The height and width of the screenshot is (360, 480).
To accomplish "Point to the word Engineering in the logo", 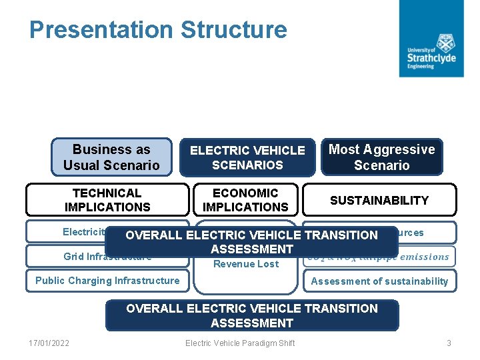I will pos(421,67).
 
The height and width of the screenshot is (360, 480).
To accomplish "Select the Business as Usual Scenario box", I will pos(111,157).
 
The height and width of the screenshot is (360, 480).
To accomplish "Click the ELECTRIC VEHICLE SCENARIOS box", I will pos(247,157).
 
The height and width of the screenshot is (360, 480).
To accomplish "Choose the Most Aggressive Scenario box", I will pos(381,157).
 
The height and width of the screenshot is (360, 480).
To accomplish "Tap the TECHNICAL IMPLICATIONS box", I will pos(107,200).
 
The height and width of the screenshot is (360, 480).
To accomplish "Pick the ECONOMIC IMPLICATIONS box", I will pos(245,200).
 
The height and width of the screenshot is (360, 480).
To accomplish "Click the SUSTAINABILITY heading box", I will pos(379,200).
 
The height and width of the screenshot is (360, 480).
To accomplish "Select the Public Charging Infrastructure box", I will pos(107,281).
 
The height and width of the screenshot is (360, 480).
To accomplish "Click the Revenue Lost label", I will pos(246,264).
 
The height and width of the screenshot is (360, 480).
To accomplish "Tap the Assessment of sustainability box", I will pos(379,281).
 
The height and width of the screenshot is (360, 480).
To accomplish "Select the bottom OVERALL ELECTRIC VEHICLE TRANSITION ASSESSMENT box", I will pos(252,315).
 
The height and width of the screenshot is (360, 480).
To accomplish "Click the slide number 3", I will pos(449,343).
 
